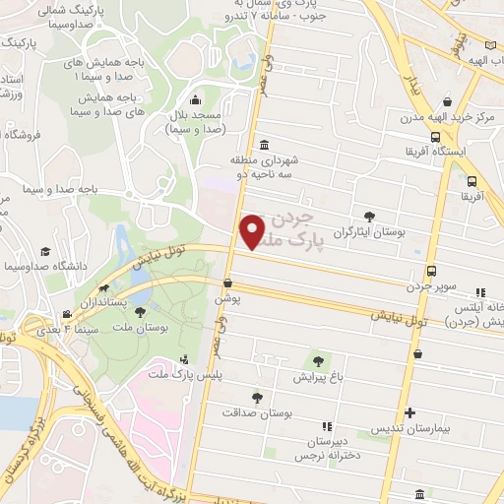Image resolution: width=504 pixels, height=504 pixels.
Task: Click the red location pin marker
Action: point(253,230)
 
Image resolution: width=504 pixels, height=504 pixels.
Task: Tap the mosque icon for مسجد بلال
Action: point(196,99)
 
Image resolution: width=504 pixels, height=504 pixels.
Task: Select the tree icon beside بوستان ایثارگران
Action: point(369,217)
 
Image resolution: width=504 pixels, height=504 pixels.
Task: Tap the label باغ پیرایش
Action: point(318,377)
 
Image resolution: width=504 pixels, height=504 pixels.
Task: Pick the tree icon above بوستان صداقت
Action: point(257,398)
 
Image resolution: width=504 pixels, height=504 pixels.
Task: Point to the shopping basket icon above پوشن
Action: point(228,283)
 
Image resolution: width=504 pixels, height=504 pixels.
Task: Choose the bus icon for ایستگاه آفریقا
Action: point(472,181)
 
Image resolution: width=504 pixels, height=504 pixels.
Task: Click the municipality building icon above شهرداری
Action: point(263,145)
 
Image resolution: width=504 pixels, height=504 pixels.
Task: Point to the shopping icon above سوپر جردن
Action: point(431,272)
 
